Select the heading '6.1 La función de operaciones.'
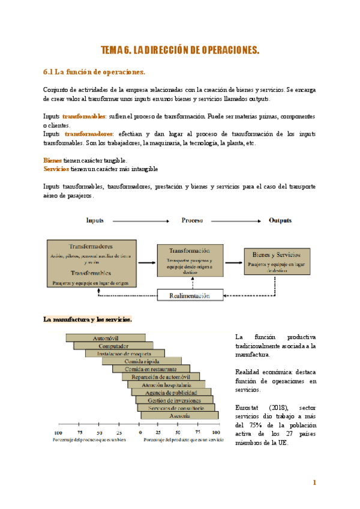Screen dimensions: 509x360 tap(94, 72)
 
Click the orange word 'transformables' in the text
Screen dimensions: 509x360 tap(84, 116)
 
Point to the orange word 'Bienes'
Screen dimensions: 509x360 tap(52, 161)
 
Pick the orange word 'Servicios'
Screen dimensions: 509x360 tap(56, 169)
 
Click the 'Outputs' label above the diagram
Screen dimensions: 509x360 tap(280, 220)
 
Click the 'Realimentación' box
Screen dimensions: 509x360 tap(190, 295)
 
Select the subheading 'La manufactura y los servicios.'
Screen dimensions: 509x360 tap(88, 319)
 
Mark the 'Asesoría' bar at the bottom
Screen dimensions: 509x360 tap(179, 415)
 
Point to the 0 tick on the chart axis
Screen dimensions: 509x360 tap(139, 432)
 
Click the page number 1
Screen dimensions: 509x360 tap(314, 483)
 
